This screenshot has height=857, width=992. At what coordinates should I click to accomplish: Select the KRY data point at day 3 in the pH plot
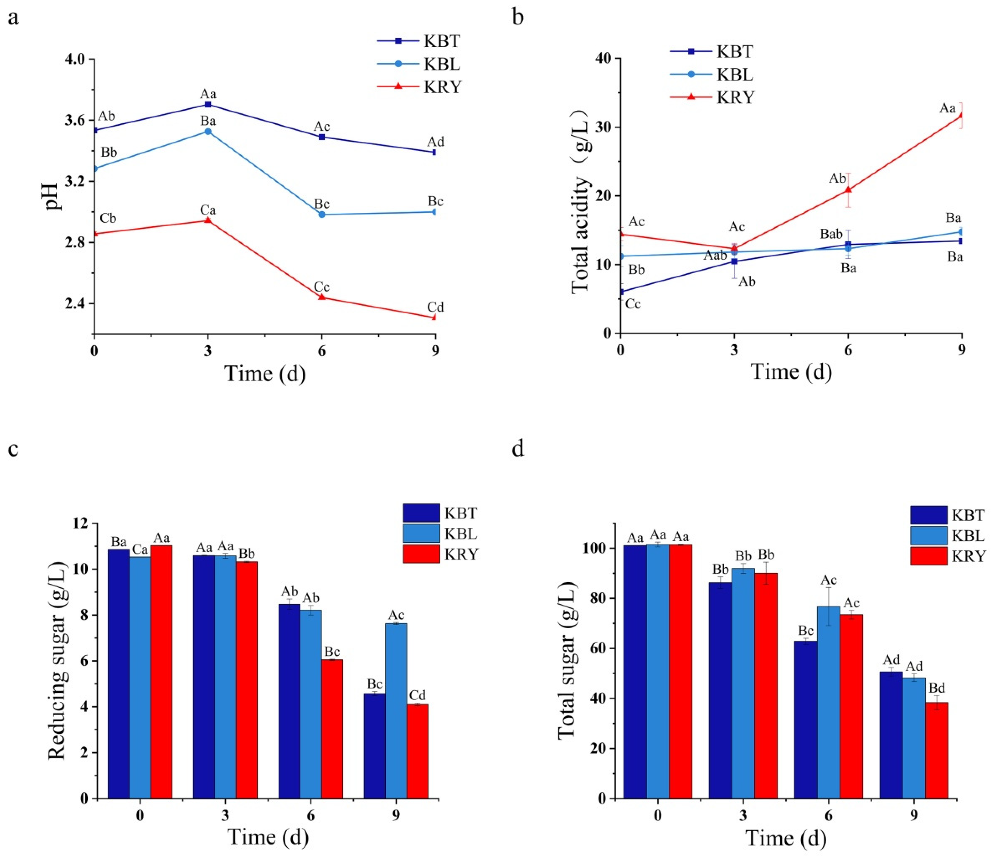pyautogui.click(x=208, y=220)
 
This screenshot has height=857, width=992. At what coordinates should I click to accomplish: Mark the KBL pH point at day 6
pyautogui.click(x=322, y=214)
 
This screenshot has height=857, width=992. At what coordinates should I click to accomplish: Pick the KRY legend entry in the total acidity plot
pyautogui.click(x=712, y=98)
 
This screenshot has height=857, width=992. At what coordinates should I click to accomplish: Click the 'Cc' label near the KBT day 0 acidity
pyautogui.click(x=633, y=304)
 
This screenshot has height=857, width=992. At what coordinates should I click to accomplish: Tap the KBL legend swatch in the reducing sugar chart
pyautogui.click(x=421, y=534)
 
